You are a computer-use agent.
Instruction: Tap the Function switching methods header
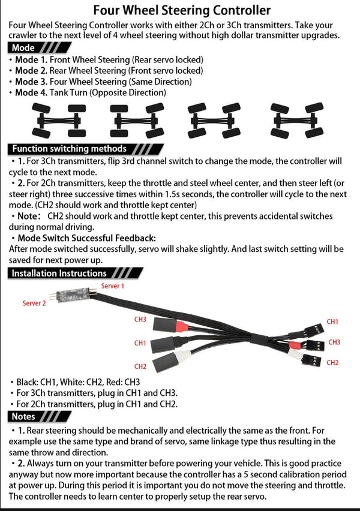point(70,149)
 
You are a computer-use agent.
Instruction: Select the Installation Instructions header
point(59,273)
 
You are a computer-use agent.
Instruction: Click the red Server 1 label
point(113,286)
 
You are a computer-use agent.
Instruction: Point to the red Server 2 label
point(34,303)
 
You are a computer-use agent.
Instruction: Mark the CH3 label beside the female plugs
point(140,320)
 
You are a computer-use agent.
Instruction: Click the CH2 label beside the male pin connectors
point(333,362)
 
